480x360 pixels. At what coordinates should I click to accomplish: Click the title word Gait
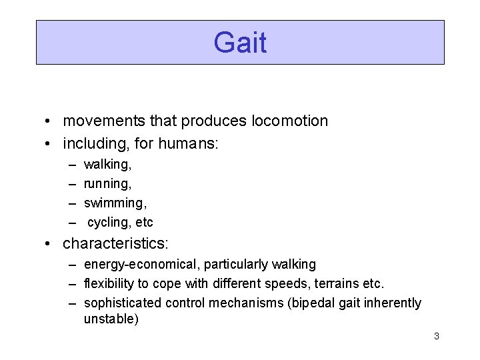pyautogui.click(x=240, y=43)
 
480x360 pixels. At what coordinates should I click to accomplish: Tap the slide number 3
pyautogui.click(x=436, y=336)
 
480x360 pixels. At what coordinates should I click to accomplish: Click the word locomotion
pyautogui.click(x=290, y=121)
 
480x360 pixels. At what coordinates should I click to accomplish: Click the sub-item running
pyautogui.click(x=107, y=183)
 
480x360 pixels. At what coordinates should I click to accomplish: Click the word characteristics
pyautogui.click(x=114, y=243)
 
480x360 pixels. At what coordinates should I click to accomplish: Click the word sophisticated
pyautogui.click(x=122, y=303)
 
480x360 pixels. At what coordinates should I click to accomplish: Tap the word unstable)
pyautogui.click(x=111, y=319)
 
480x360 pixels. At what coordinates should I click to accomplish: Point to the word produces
pyautogui.click(x=220, y=121)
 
